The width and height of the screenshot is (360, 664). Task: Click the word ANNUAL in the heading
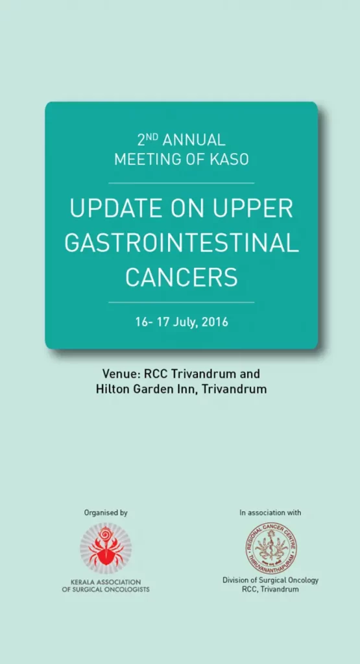point(193,140)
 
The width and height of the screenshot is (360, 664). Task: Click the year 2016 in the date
point(215,322)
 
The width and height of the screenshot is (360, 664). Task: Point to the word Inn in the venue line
point(189,389)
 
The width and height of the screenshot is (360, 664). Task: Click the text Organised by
point(106,513)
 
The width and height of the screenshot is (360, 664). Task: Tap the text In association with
point(270,513)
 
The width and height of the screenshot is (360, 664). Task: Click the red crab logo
point(106,547)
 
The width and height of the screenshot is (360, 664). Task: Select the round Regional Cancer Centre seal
point(272,548)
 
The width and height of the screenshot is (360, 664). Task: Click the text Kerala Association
point(106,582)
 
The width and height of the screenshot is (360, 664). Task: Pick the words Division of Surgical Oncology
point(270,580)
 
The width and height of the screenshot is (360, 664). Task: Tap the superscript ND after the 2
point(153,137)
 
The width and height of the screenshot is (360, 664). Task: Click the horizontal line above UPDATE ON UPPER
point(181,183)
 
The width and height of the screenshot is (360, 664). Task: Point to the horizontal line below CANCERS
point(181,302)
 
